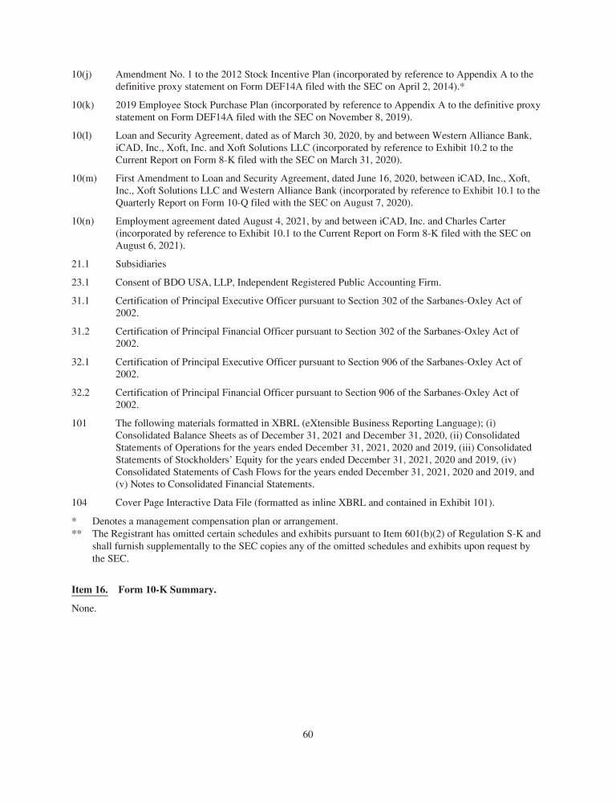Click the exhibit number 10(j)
[81, 75]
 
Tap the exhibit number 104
[79, 502]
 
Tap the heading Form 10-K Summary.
[167, 589]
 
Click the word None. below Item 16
[83, 608]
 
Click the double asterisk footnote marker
[77, 533]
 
